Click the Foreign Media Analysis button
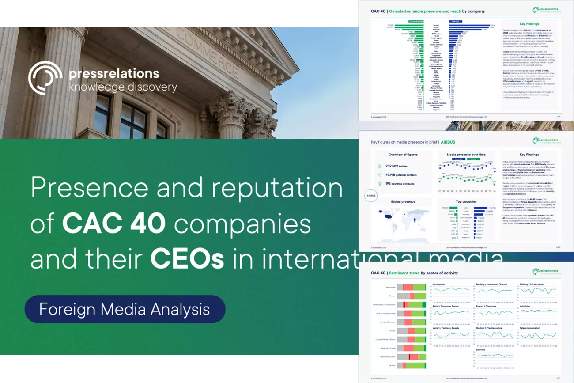coord(125,309)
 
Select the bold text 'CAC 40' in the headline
coord(114,224)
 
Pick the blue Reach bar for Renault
coord(469,25)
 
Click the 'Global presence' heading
coord(403,201)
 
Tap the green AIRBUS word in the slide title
coord(448,142)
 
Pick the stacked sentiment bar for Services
coord(414,365)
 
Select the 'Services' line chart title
coord(480,350)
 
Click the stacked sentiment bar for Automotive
coord(414,287)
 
